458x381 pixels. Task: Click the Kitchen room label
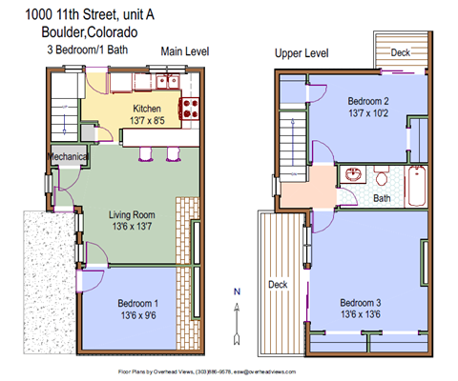[x=147, y=110]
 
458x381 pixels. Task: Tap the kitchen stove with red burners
[x=190, y=108]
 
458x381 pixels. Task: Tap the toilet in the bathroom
[x=381, y=175]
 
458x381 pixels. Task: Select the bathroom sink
[x=354, y=176]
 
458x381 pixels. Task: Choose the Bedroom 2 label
[x=367, y=100]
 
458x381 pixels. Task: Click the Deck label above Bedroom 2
[x=402, y=53]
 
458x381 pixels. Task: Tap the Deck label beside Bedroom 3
[x=278, y=283]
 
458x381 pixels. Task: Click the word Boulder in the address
[x=36, y=30]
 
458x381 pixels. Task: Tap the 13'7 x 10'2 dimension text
[x=367, y=113]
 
